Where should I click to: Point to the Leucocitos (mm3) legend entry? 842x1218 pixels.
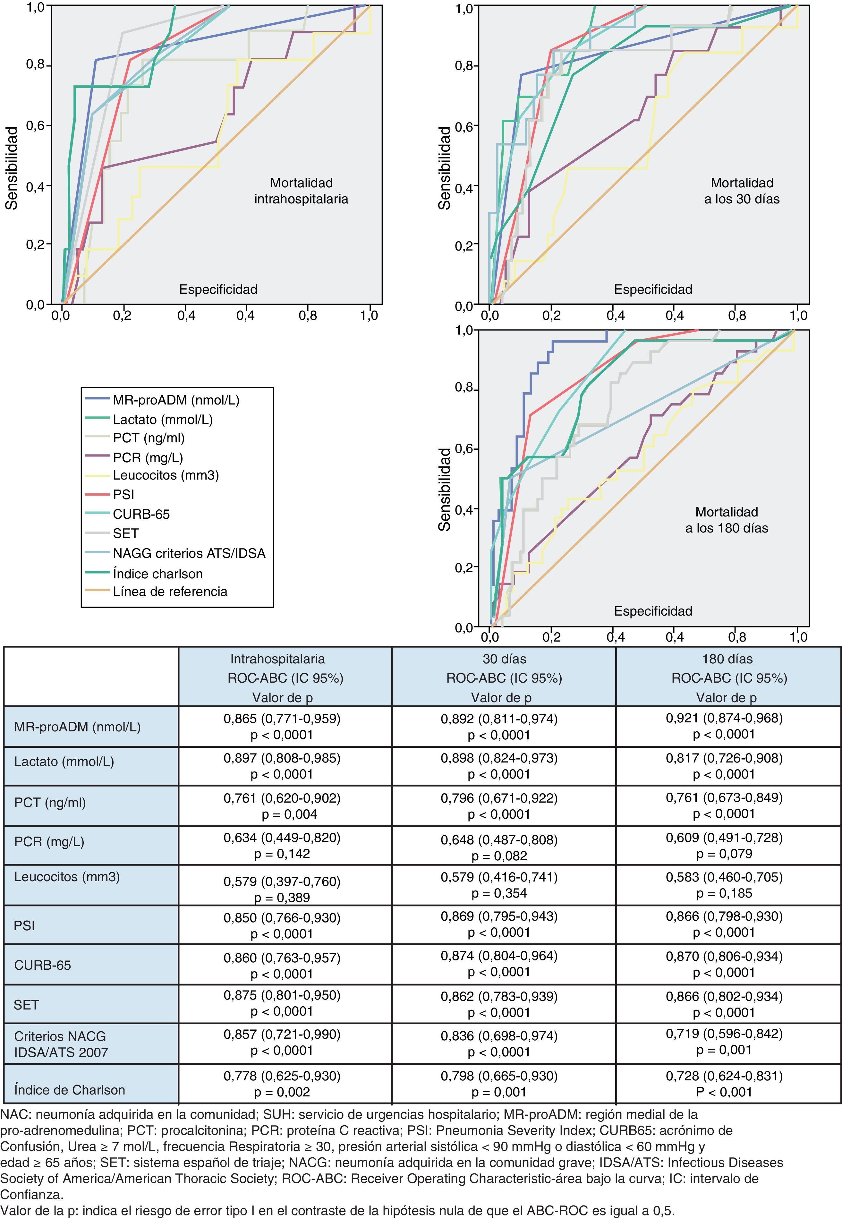[x=166, y=475]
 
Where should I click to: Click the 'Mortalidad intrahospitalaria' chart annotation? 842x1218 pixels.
[x=301, y=191]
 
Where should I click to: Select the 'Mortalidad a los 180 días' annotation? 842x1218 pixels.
[x=727, y=520]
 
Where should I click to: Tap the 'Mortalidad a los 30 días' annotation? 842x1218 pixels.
[x=742, y=191]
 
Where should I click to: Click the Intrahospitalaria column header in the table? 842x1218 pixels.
[x=285, y=677]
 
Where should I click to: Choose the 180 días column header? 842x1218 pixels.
[x=728, y=677]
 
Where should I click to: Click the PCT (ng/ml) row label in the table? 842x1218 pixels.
[x=50, y=803]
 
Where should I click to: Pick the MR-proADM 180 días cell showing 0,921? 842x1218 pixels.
[x=724, y=726]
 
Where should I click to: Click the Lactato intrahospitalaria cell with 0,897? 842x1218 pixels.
[x=282, y=766]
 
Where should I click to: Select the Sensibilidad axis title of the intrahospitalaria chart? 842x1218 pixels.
[x=12, y=168]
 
